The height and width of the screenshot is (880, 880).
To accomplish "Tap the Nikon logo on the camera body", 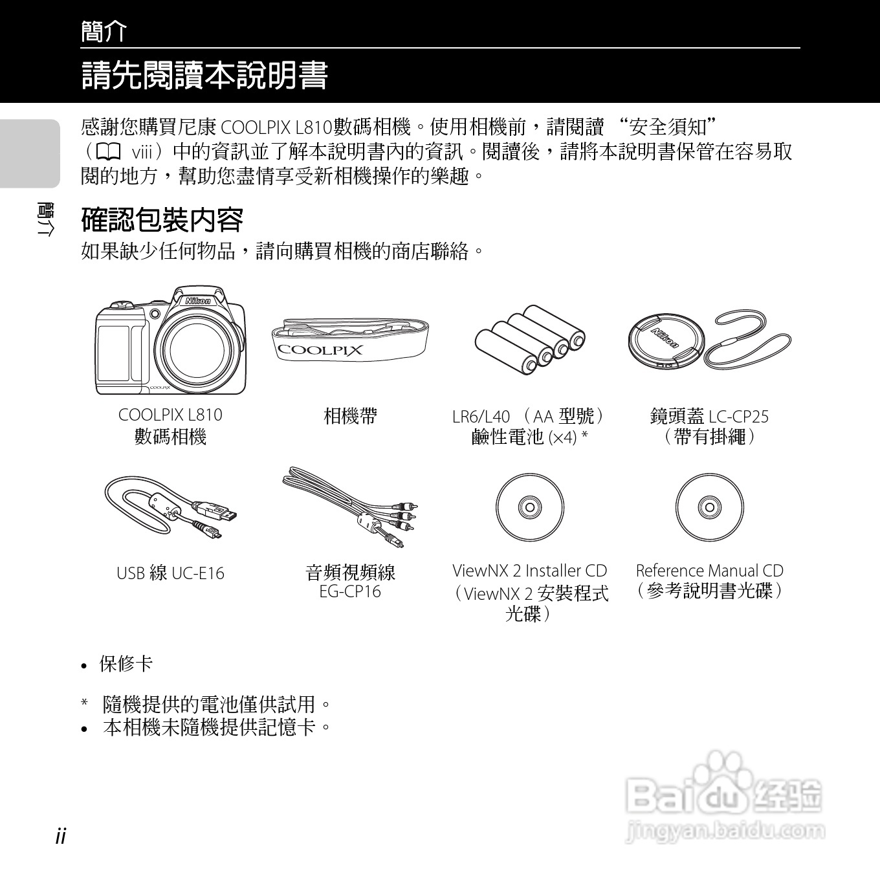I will pyautogui.click(x=198, y=301).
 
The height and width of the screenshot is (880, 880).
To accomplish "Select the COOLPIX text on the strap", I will pyautogui.click(x=320, y=350).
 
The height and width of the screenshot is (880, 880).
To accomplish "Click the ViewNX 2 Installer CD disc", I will pyautogui.click(x=529, y=507).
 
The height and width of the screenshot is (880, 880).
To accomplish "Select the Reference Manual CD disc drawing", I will pyautogui.click(x=709, y=507).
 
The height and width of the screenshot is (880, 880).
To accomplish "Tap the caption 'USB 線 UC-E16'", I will pyautogui.click(x=170, y=573).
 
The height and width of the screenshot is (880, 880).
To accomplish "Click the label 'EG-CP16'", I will pyautogui.click(x=350, y=591).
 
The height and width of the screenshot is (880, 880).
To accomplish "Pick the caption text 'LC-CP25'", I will pyautogui.click(x=738, y=417).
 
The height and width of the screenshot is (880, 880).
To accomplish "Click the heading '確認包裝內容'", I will pyautogui.click(x=162, y=220).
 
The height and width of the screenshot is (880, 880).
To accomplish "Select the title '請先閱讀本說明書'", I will pyautogui.click(x=204, y=75).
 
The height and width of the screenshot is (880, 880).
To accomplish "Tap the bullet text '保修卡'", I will pyautogui.click(x=126, y=664).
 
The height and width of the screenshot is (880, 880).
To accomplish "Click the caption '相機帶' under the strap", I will pyautogui.click(x=350, y=415).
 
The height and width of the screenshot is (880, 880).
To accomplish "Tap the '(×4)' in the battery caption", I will pyautogui.click(x=562, y=438).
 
